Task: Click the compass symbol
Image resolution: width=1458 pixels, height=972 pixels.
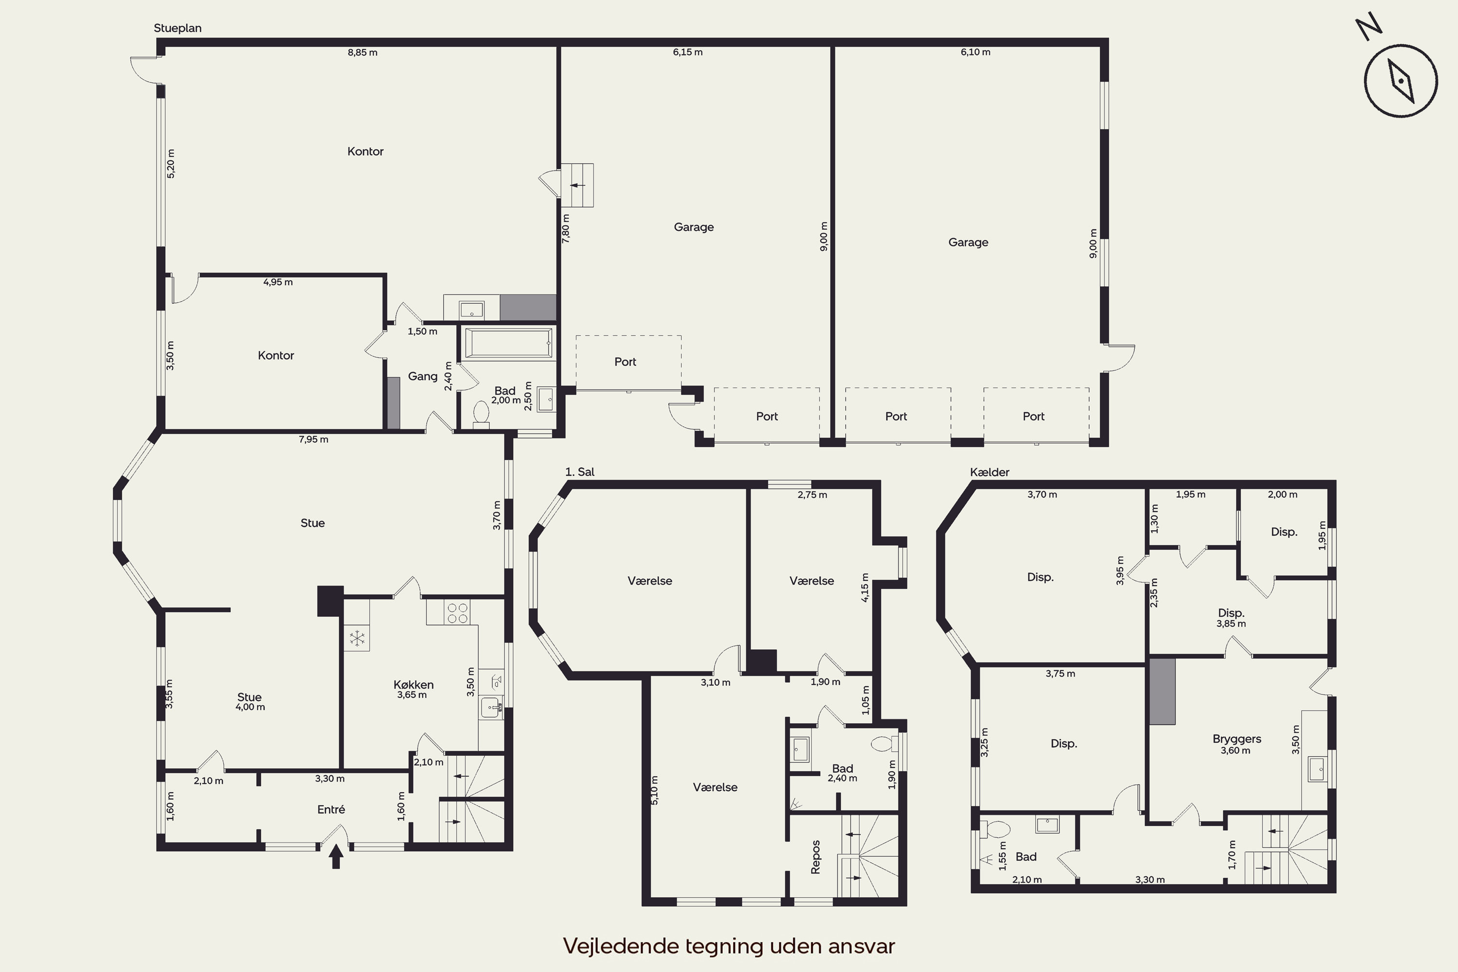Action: [x=1400, y=81]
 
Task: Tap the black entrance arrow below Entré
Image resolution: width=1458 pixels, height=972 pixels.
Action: [x=336, y=857]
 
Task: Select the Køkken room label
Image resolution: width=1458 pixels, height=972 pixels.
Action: [x=414, y=684]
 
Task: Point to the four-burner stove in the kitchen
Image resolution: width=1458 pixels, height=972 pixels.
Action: [x=457, y=612]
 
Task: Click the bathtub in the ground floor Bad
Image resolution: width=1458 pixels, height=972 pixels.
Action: [x=508, y=343]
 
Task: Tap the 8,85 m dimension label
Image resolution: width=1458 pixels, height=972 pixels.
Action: [x=363, y=52]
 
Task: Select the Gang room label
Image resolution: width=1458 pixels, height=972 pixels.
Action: [x=423, y=376]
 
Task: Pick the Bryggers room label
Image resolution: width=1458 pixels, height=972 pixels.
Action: [x=1237, y=739]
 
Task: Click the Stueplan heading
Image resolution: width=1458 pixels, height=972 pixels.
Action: [x=177, y=28]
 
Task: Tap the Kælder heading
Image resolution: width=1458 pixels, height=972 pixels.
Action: [x=989, y=472]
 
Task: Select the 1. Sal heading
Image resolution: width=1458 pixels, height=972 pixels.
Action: [x=580, y=472]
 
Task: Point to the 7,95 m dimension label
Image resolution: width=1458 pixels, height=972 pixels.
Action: [x=313, y=439]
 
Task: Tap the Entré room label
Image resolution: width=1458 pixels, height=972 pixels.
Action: [x=331, y=809]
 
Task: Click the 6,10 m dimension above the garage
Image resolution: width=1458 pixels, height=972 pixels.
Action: [x=976, y=52]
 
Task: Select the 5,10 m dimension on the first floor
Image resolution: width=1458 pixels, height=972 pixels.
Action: [x=655, y=790]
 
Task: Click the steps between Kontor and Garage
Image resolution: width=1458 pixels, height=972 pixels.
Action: [x=577, y=185]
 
